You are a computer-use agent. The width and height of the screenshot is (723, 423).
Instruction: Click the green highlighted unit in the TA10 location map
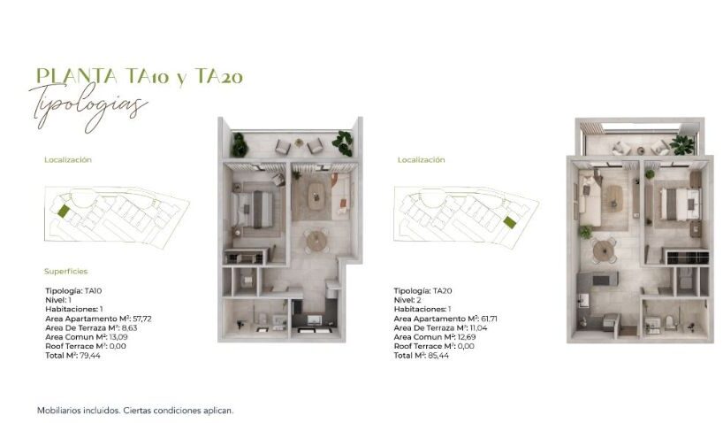(63, 211)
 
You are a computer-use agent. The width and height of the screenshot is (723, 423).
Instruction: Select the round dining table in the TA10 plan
(315, 238)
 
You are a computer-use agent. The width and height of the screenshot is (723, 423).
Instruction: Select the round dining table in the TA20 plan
(604, 250)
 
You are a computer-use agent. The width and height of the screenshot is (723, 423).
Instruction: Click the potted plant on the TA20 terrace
(681, 143)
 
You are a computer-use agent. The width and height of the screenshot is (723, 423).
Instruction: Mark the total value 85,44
(438, 355)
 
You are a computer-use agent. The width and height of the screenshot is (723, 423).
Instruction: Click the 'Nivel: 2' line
(408, 299)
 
